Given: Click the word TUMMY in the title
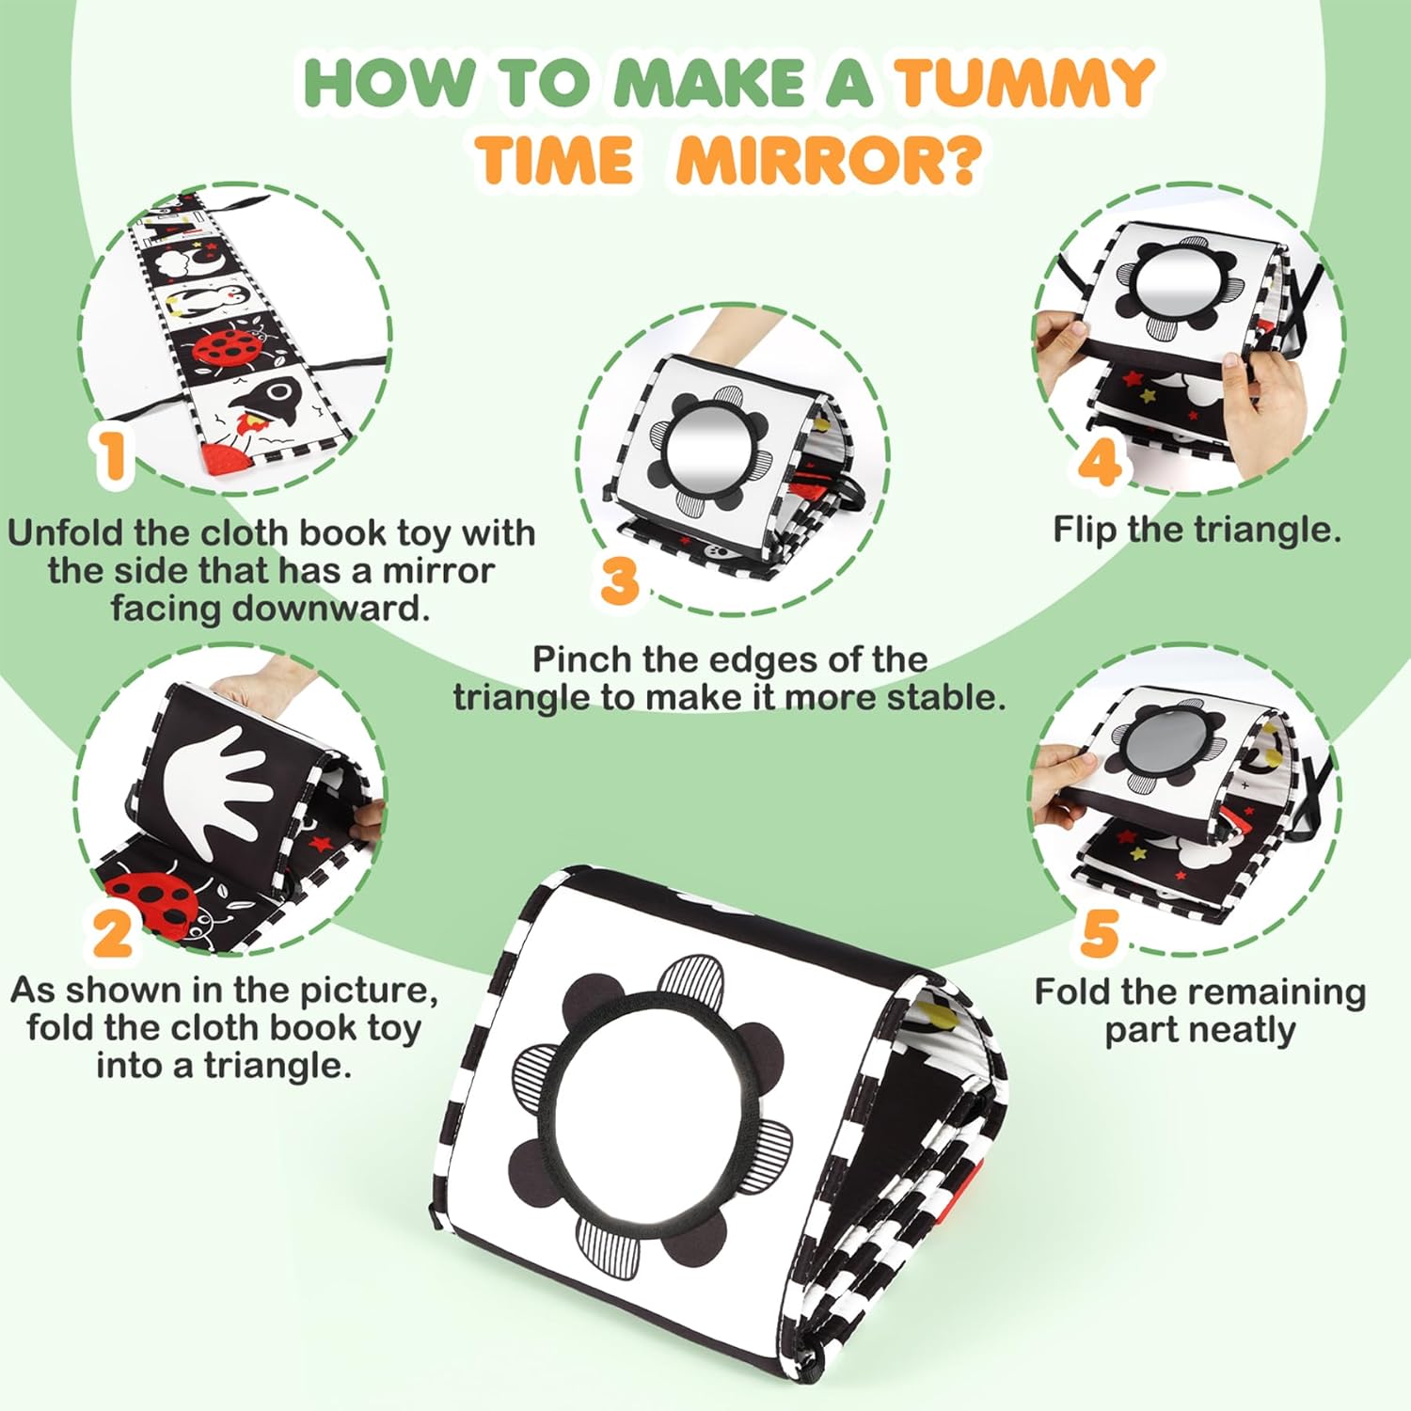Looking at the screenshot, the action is tap(1024, 82).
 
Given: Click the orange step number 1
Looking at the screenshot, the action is tap(113, 455).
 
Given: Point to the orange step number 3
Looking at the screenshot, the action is tap(620, 580).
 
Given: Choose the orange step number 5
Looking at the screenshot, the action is tap(1100, 932).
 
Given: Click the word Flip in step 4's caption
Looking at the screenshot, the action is tap(1086, 531).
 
